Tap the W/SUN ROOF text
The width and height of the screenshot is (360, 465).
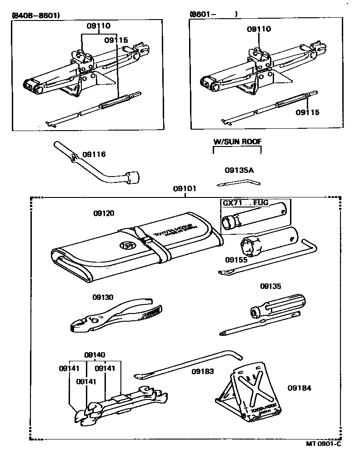237,142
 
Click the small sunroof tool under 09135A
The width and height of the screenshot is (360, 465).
238,183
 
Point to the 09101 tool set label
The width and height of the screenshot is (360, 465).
185,188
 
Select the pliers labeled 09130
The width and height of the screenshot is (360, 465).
116,317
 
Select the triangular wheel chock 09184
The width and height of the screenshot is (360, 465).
248,391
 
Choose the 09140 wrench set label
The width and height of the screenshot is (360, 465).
95,355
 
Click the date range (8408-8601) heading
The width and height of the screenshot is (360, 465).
35,15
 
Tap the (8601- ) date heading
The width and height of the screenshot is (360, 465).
213,15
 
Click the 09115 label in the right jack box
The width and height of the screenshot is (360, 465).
308,112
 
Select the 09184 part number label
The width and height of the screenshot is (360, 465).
300,388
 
